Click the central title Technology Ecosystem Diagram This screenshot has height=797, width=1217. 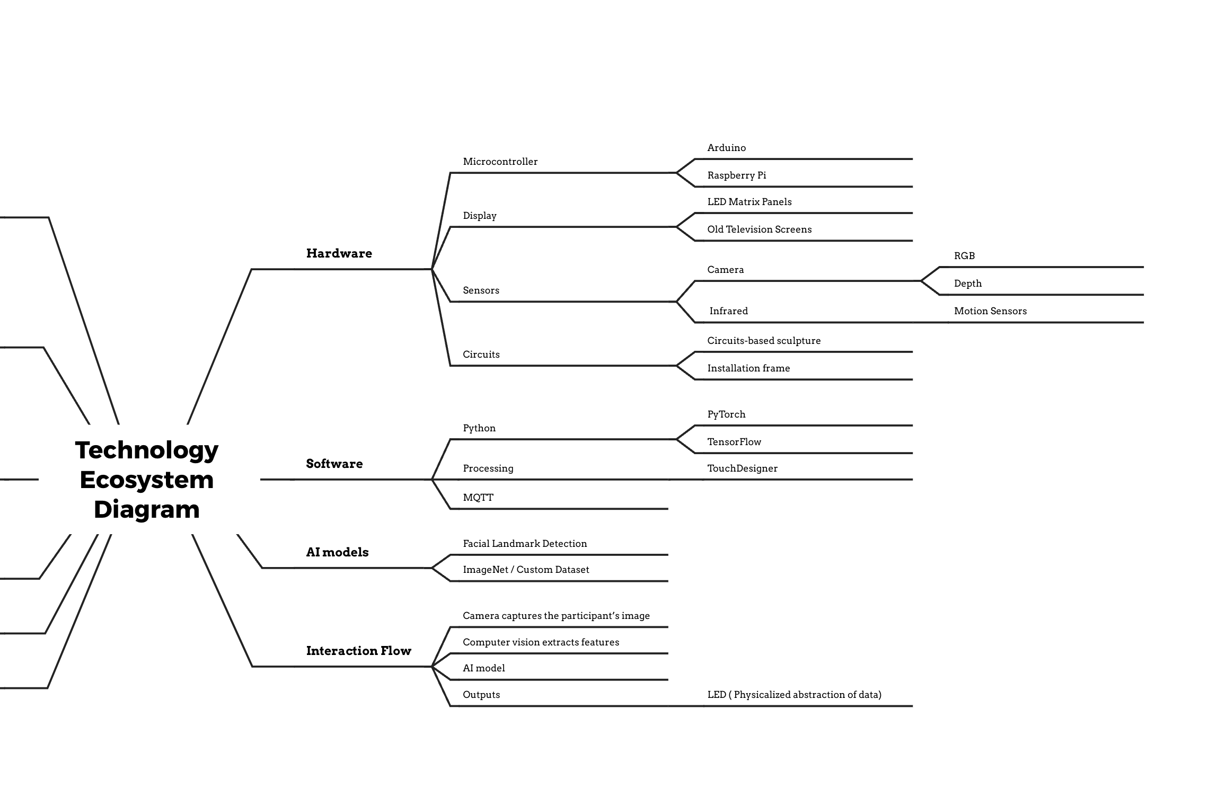147,480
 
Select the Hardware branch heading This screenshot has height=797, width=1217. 339,253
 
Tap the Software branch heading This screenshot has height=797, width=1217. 334,464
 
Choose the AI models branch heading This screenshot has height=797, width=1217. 337,552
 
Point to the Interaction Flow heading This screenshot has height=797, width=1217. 359,651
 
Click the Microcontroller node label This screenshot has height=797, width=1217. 500,162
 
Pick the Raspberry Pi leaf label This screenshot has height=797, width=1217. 737,175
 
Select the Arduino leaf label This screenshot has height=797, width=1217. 727,148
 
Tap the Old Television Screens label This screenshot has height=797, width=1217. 760,229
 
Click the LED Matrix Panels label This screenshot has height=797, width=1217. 749,202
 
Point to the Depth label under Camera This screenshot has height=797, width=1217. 968,284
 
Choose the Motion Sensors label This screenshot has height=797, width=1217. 991,311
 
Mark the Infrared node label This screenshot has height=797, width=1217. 729,311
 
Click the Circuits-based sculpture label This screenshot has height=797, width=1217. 764,341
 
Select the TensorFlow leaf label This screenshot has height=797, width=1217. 734,442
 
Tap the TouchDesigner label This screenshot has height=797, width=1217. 743,468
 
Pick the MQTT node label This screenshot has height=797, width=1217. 478,498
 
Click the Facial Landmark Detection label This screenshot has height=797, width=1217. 525,544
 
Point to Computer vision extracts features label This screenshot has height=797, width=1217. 541,642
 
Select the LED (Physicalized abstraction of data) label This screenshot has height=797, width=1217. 795,695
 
